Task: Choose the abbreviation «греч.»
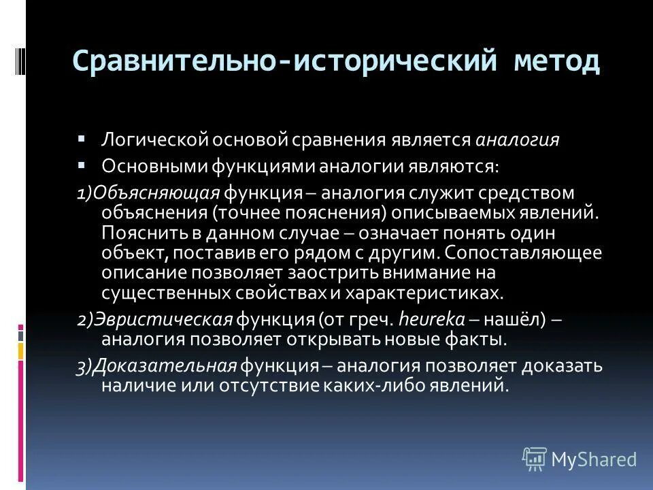click(x=374, y=319)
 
